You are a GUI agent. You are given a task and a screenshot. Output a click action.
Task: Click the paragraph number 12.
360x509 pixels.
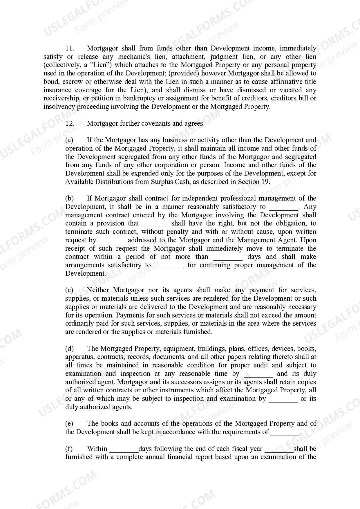[70, 123]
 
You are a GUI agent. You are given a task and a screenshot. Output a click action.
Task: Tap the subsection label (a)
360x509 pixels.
[69, 140]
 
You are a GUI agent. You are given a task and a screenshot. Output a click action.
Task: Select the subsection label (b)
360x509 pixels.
[69, 198]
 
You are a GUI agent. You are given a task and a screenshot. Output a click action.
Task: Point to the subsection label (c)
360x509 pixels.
[69, 290]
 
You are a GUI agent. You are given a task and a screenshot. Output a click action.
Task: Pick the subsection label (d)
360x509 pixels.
[69, 349]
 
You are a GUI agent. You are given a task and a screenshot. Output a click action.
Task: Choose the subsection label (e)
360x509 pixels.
[69, 424]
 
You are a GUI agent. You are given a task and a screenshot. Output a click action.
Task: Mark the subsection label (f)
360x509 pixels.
[69, 449]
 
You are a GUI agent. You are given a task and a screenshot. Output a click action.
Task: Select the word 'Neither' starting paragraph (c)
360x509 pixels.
[98, 290]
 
